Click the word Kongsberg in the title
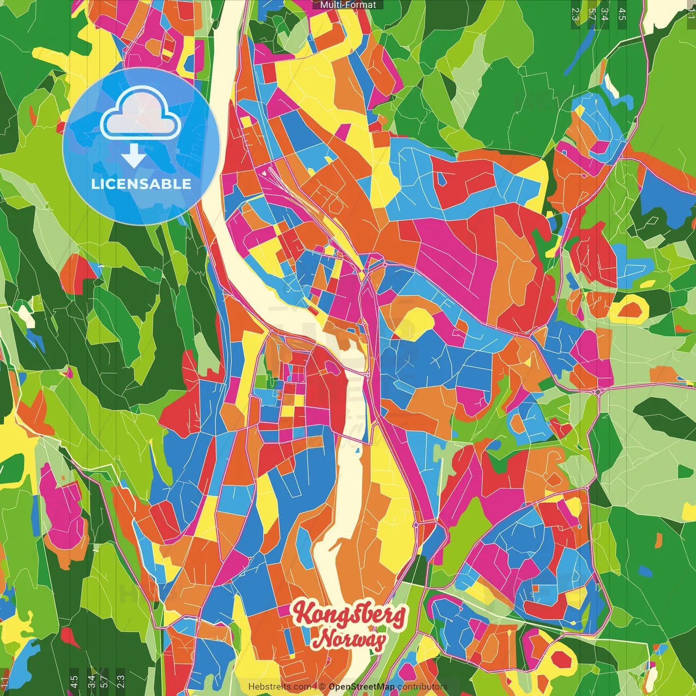pyautogui.click(x=349, y=614)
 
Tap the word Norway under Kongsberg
pyautogui.click(x=351, y=639)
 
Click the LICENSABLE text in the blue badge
pyautogui.click(x=141, y=184)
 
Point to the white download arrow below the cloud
pyautogui.click(x=134, y=156)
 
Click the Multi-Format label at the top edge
pyautogui.click(x=348, y=5)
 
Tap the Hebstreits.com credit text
pyautogui.click(x=279, y=687)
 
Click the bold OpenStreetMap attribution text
pyautogui.click(x=362, y=687)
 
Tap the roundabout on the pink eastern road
pyautogui.click(x=598, y=391)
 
